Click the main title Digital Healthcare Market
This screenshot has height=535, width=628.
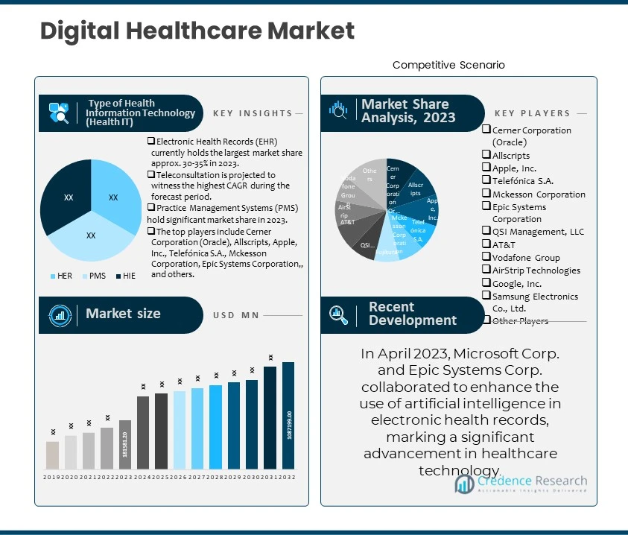click(x=197, y=31)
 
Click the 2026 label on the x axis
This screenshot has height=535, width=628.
click(x=179, y=477)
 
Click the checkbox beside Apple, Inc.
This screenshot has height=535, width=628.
click(x=486, y=168)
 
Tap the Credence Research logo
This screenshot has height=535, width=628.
click(x=521, y=484)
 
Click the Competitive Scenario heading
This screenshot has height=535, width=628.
click(x=448, y=65)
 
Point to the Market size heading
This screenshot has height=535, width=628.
click(x=123, y=314)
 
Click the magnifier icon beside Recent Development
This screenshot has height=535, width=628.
click(x=339, y=314)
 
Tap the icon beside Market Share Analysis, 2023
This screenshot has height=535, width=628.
click(x=339, y=110)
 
